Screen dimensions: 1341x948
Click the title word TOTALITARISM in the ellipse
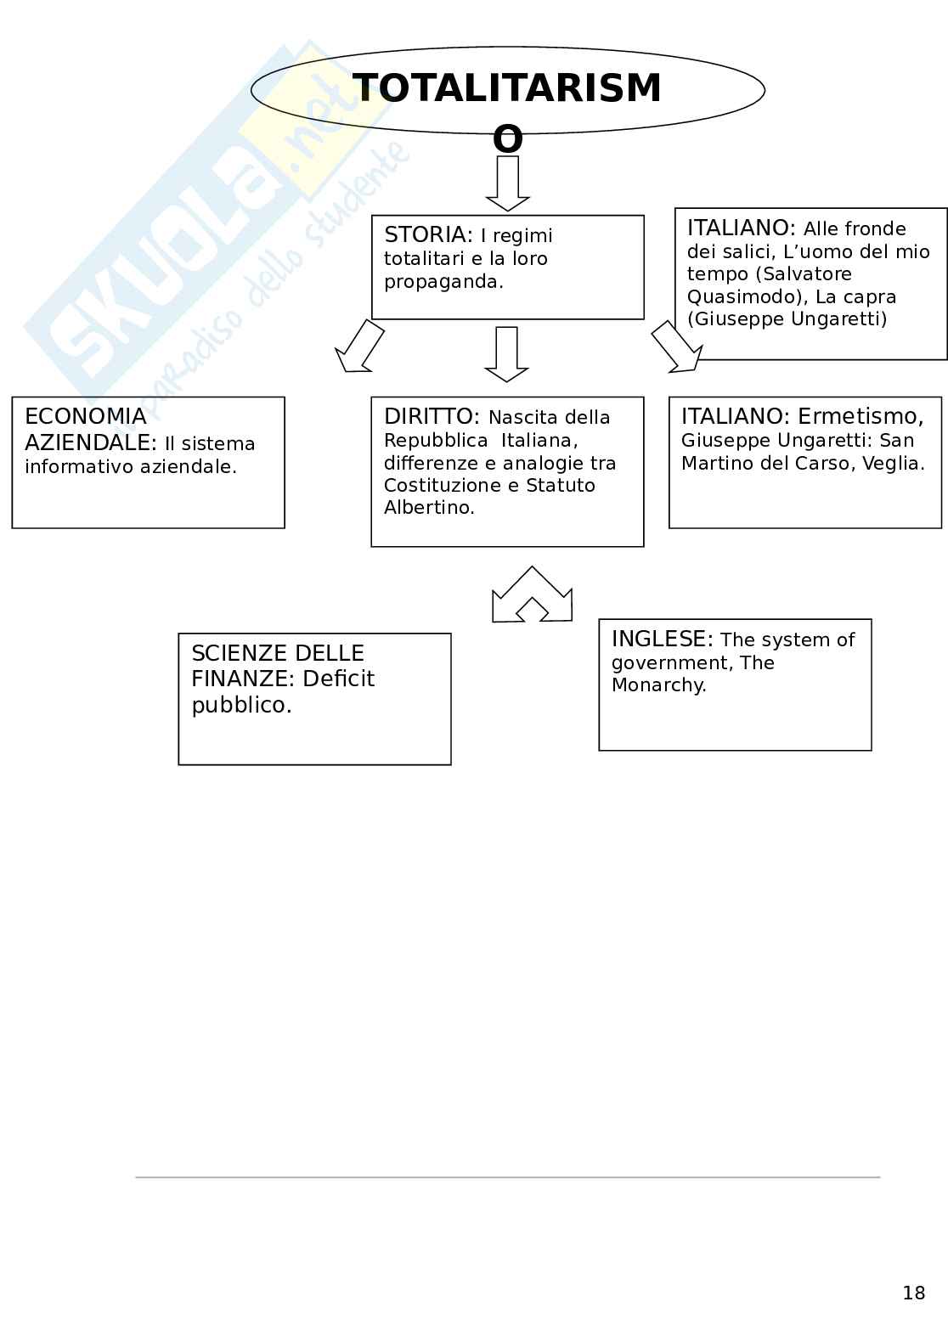506,89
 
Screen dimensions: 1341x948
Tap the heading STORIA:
428,235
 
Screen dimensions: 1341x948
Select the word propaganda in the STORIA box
443,282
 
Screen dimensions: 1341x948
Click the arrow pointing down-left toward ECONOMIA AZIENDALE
359,347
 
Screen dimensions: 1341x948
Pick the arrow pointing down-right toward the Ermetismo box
677,347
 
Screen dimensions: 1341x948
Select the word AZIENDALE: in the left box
91,442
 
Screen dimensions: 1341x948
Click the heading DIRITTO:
432,417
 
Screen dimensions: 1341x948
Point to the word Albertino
428,508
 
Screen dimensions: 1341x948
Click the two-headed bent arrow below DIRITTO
532,595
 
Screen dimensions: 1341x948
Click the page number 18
914,1293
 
